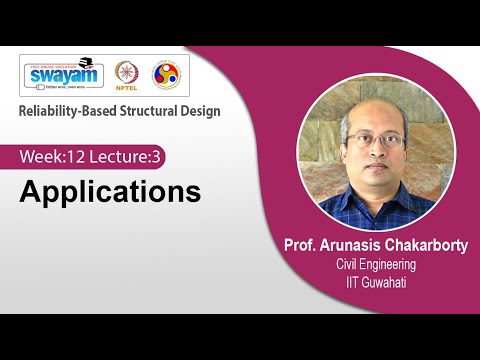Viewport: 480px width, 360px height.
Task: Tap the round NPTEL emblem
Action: pyautogui.click(x=128, y=72)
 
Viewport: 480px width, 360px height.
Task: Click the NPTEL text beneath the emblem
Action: pyautogui.click(x=128, y=90)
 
